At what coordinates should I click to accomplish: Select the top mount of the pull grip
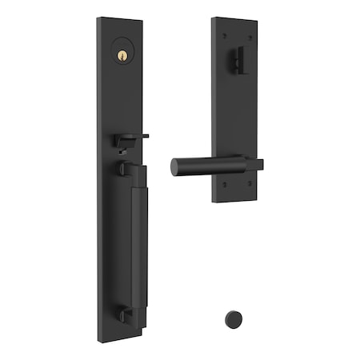tap(121, 170)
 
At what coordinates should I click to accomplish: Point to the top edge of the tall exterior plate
tap(120, 18)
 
